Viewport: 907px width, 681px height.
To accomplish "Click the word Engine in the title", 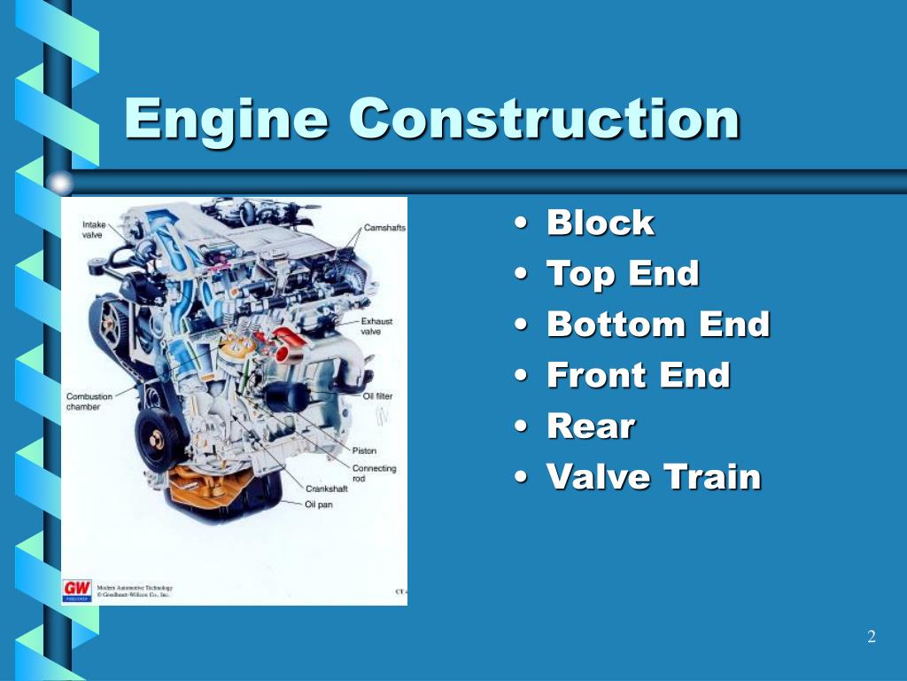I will [226, 119].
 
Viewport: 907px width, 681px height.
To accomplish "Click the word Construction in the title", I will [544, 119].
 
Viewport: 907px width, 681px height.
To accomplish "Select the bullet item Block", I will [601, 223].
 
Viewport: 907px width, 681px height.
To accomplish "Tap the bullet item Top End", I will [623, 273].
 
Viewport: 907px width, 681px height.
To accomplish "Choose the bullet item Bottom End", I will [658, 325].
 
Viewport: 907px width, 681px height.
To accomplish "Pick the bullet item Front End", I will [638, 375].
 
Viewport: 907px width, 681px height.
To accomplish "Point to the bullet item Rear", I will [591, 427].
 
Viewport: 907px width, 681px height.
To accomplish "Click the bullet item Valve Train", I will [654, 477].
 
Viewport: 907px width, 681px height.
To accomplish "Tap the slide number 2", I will [872, 637].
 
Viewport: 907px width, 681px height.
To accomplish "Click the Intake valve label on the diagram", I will [93, 230].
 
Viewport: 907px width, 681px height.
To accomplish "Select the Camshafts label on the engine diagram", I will [384, 228].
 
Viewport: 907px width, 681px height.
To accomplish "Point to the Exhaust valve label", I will [376, 326].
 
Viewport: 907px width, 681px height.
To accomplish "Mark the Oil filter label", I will [378, 396].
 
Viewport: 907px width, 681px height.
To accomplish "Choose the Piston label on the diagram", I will [364, 450].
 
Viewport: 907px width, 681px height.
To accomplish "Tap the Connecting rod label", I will [374, 474].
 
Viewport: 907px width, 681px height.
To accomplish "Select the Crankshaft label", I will [328, 489].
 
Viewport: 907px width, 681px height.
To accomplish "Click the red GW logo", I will [76, 589].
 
